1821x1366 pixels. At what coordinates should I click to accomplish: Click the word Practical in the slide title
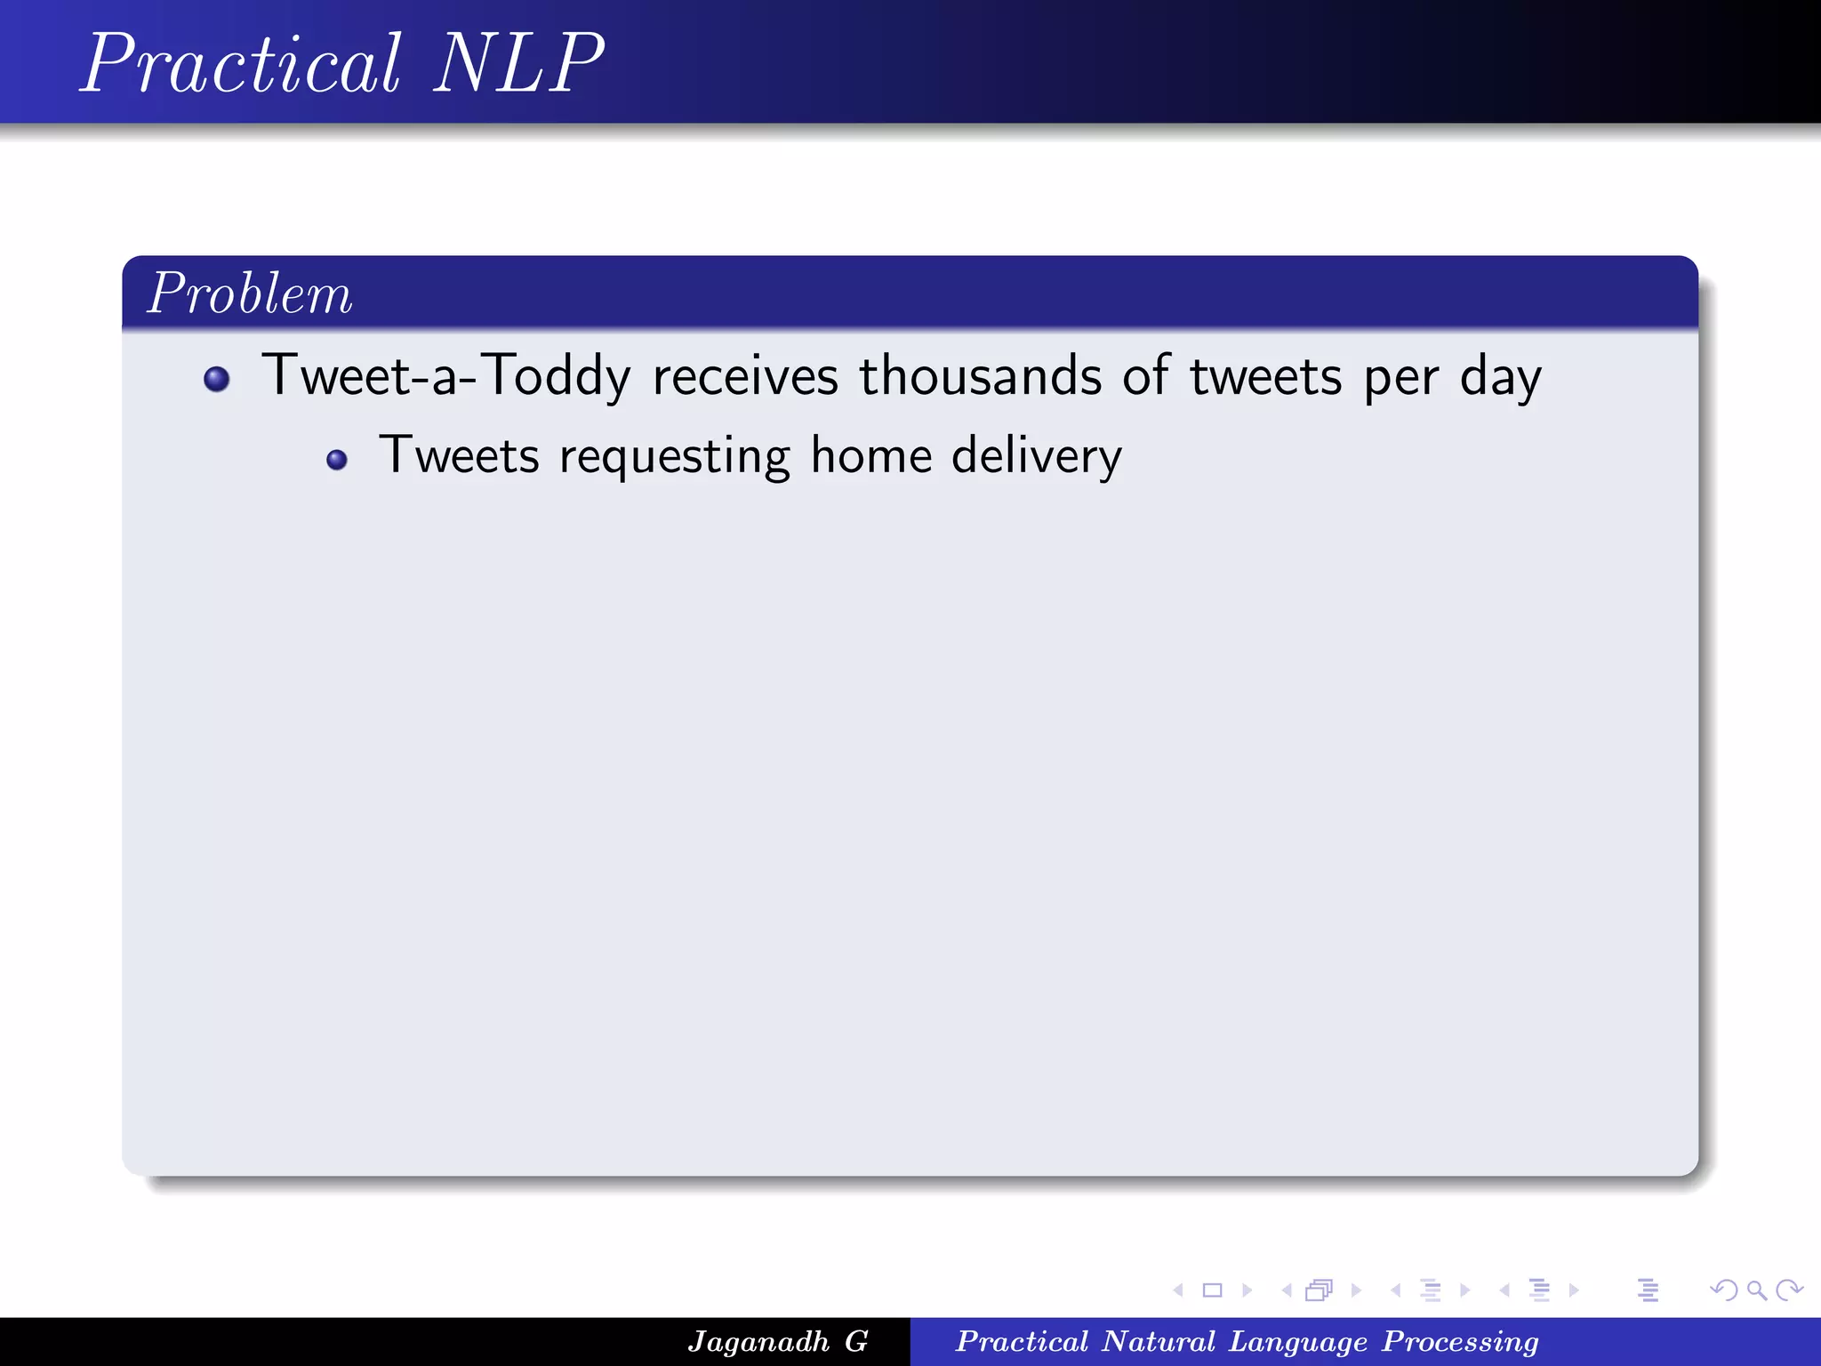(242, 64)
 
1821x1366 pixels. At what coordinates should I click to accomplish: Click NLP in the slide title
(518, 64)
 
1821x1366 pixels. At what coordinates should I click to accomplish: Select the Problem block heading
(250, 293)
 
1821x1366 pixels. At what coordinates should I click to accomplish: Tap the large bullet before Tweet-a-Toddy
(217, 380)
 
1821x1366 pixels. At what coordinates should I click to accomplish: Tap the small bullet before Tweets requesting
(337, 460)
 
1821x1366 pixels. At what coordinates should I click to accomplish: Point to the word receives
(745, 376)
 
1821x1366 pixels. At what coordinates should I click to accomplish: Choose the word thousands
(980, 376)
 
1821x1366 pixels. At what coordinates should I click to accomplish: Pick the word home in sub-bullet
(871, 455)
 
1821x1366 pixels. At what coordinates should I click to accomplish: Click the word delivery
(1037, 457)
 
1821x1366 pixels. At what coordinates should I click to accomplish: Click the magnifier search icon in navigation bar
(1757, 1290)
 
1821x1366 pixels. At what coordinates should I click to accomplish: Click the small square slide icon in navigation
(1213, 1290)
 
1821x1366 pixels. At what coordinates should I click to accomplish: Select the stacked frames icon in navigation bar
(1320, 1290)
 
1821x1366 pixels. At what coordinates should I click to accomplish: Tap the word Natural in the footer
(1159, 1341)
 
